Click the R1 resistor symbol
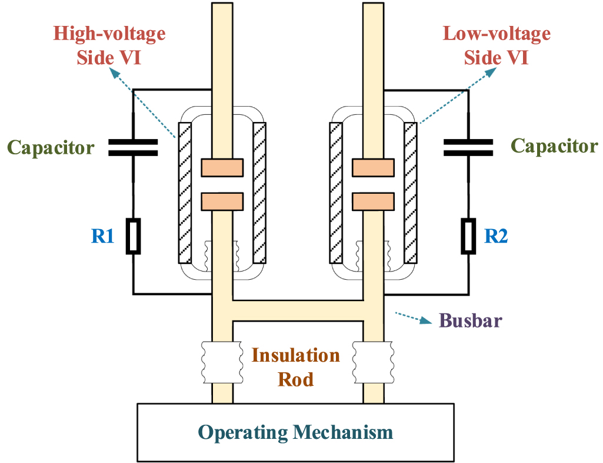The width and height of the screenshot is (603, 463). [x=134, y=236]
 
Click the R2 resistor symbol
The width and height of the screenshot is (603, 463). [x=468, y=236]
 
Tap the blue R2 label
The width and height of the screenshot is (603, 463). [x=496, y=237]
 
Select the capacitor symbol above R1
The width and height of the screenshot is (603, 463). [x=133, y=147]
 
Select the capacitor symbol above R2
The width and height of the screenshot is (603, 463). [x=468, y=147]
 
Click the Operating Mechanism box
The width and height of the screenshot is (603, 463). [x=295, y=432]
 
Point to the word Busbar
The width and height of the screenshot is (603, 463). [x=471, y=321]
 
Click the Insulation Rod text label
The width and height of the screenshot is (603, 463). [x=295, y=366]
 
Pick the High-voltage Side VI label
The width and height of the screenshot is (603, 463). [x=109, y=45]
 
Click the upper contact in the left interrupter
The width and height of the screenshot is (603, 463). [x=222, y=168]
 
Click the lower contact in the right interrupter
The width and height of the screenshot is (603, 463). [x=373, y=201]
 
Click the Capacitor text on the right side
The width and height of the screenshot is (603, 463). [x=554, y=145]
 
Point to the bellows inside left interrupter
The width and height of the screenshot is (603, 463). [x=222, y=256]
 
